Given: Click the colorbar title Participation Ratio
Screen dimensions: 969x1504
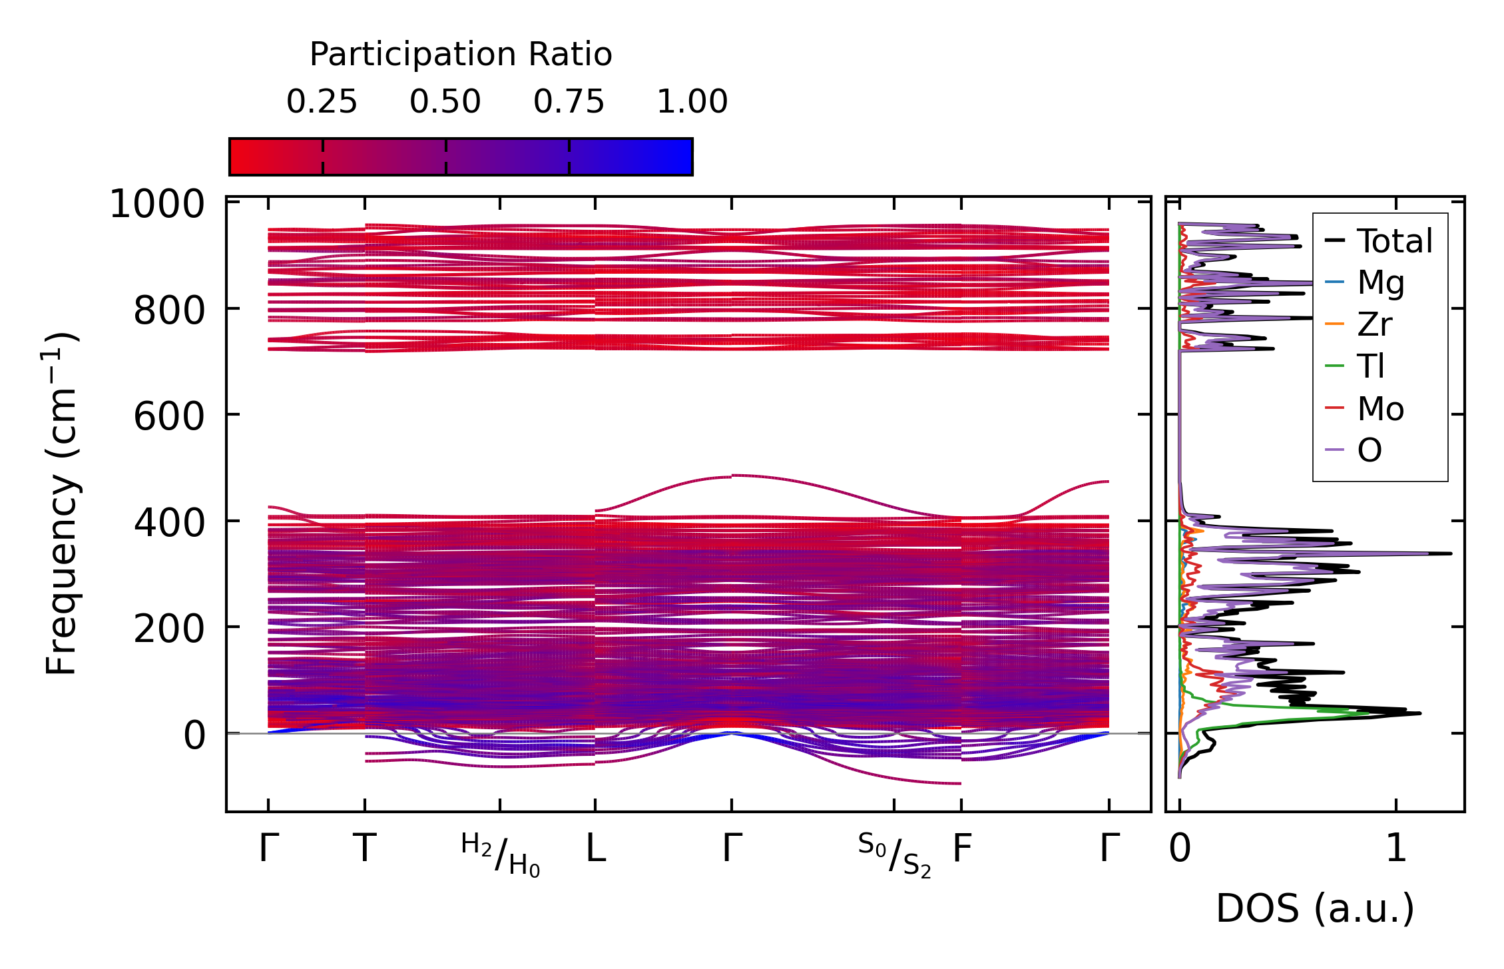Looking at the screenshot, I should coord(461,54).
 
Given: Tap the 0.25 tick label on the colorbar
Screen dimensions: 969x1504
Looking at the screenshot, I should coord(322,102).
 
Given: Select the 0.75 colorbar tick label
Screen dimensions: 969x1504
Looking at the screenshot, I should coord(569,102).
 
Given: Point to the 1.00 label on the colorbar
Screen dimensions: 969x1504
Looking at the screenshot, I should coord(692,102).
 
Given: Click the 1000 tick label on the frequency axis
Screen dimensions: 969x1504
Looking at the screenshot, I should coord(157,204).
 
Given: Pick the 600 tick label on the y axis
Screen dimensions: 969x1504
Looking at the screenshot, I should coord(169,418).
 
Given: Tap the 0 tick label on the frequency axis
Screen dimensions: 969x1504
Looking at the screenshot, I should coord(194,736).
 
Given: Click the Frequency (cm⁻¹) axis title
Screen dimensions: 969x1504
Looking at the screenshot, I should coord(61,503).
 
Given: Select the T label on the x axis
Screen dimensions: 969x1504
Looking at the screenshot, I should coord(364,849).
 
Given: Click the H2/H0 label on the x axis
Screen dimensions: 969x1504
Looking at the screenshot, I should coord(500,855).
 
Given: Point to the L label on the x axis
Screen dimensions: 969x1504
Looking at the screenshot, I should coord(595,849).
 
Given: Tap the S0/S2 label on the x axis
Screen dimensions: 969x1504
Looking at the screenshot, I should coord(894,855).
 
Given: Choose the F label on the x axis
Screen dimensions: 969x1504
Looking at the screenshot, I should coord(962,849).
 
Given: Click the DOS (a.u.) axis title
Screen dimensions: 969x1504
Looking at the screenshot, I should coord(1314,908).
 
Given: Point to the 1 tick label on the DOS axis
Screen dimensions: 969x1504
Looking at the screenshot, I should coord(1396,849).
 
